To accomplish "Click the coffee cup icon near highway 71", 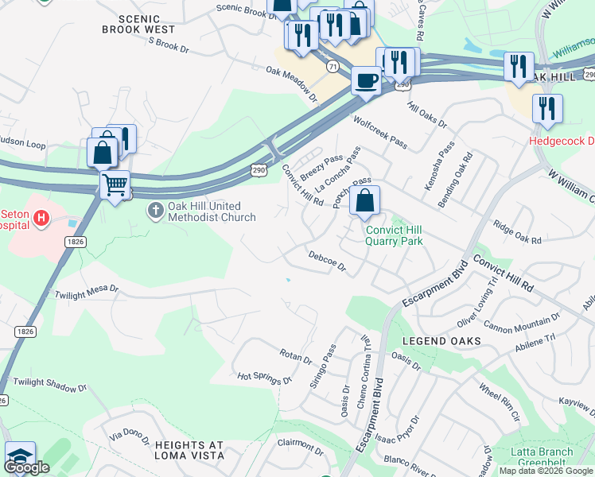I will tap(366, 81).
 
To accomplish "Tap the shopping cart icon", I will tap(115, 185).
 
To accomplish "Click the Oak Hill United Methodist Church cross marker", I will tap(155, 211).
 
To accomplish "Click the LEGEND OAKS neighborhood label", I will tap(441, 341).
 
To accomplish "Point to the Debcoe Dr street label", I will tap(327, 261).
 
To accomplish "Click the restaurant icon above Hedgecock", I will tap(547, 108).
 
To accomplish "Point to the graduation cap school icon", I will tap(20, 456).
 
